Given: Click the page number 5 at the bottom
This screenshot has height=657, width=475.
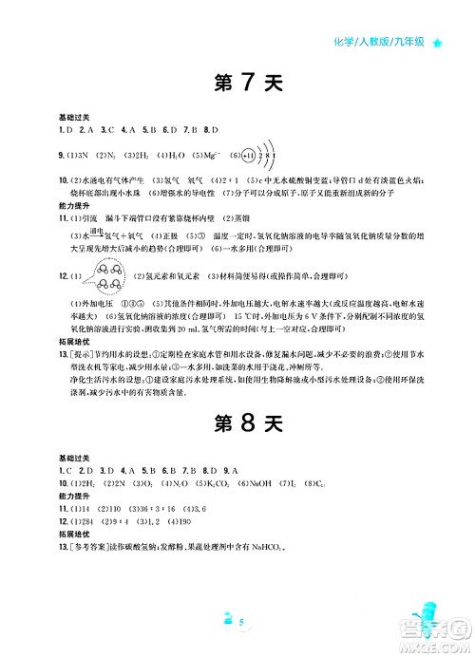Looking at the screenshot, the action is [243, 622].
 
